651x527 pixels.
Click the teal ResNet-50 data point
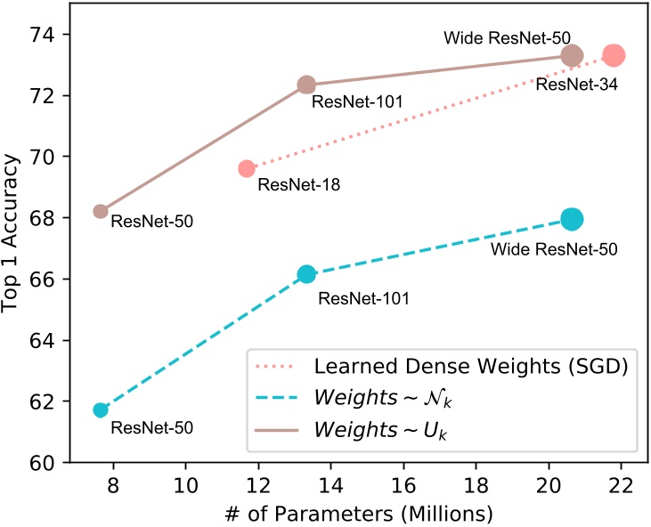(101, 409)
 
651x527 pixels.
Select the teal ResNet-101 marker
(306, 274)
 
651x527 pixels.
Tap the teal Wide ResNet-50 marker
(572, 219)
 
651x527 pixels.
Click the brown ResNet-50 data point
(101, 211)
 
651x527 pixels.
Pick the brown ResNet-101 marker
(306, 85)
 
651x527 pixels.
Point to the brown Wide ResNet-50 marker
(572, 55)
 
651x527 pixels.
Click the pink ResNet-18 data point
(247, 168)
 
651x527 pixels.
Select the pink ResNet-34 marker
(613, 55)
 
